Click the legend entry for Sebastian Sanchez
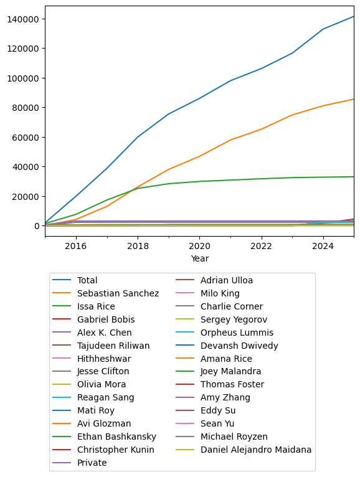click(x=118, y=293)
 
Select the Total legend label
click(x=87, y=280)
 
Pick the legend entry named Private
click(x=92, y=463)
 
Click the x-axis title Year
click(x=199, y=258)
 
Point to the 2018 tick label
click(x=138, y=246)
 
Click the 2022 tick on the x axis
click(x=261, y=246)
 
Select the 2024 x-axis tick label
click(x=323, y=246)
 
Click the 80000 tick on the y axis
click(x=24, y=108)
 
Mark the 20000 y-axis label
click(x=24, y=197)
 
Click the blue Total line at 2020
click(x=199, y=98)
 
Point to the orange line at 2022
click(x=261, y=129)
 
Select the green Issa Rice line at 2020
click(x=199, y=181)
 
